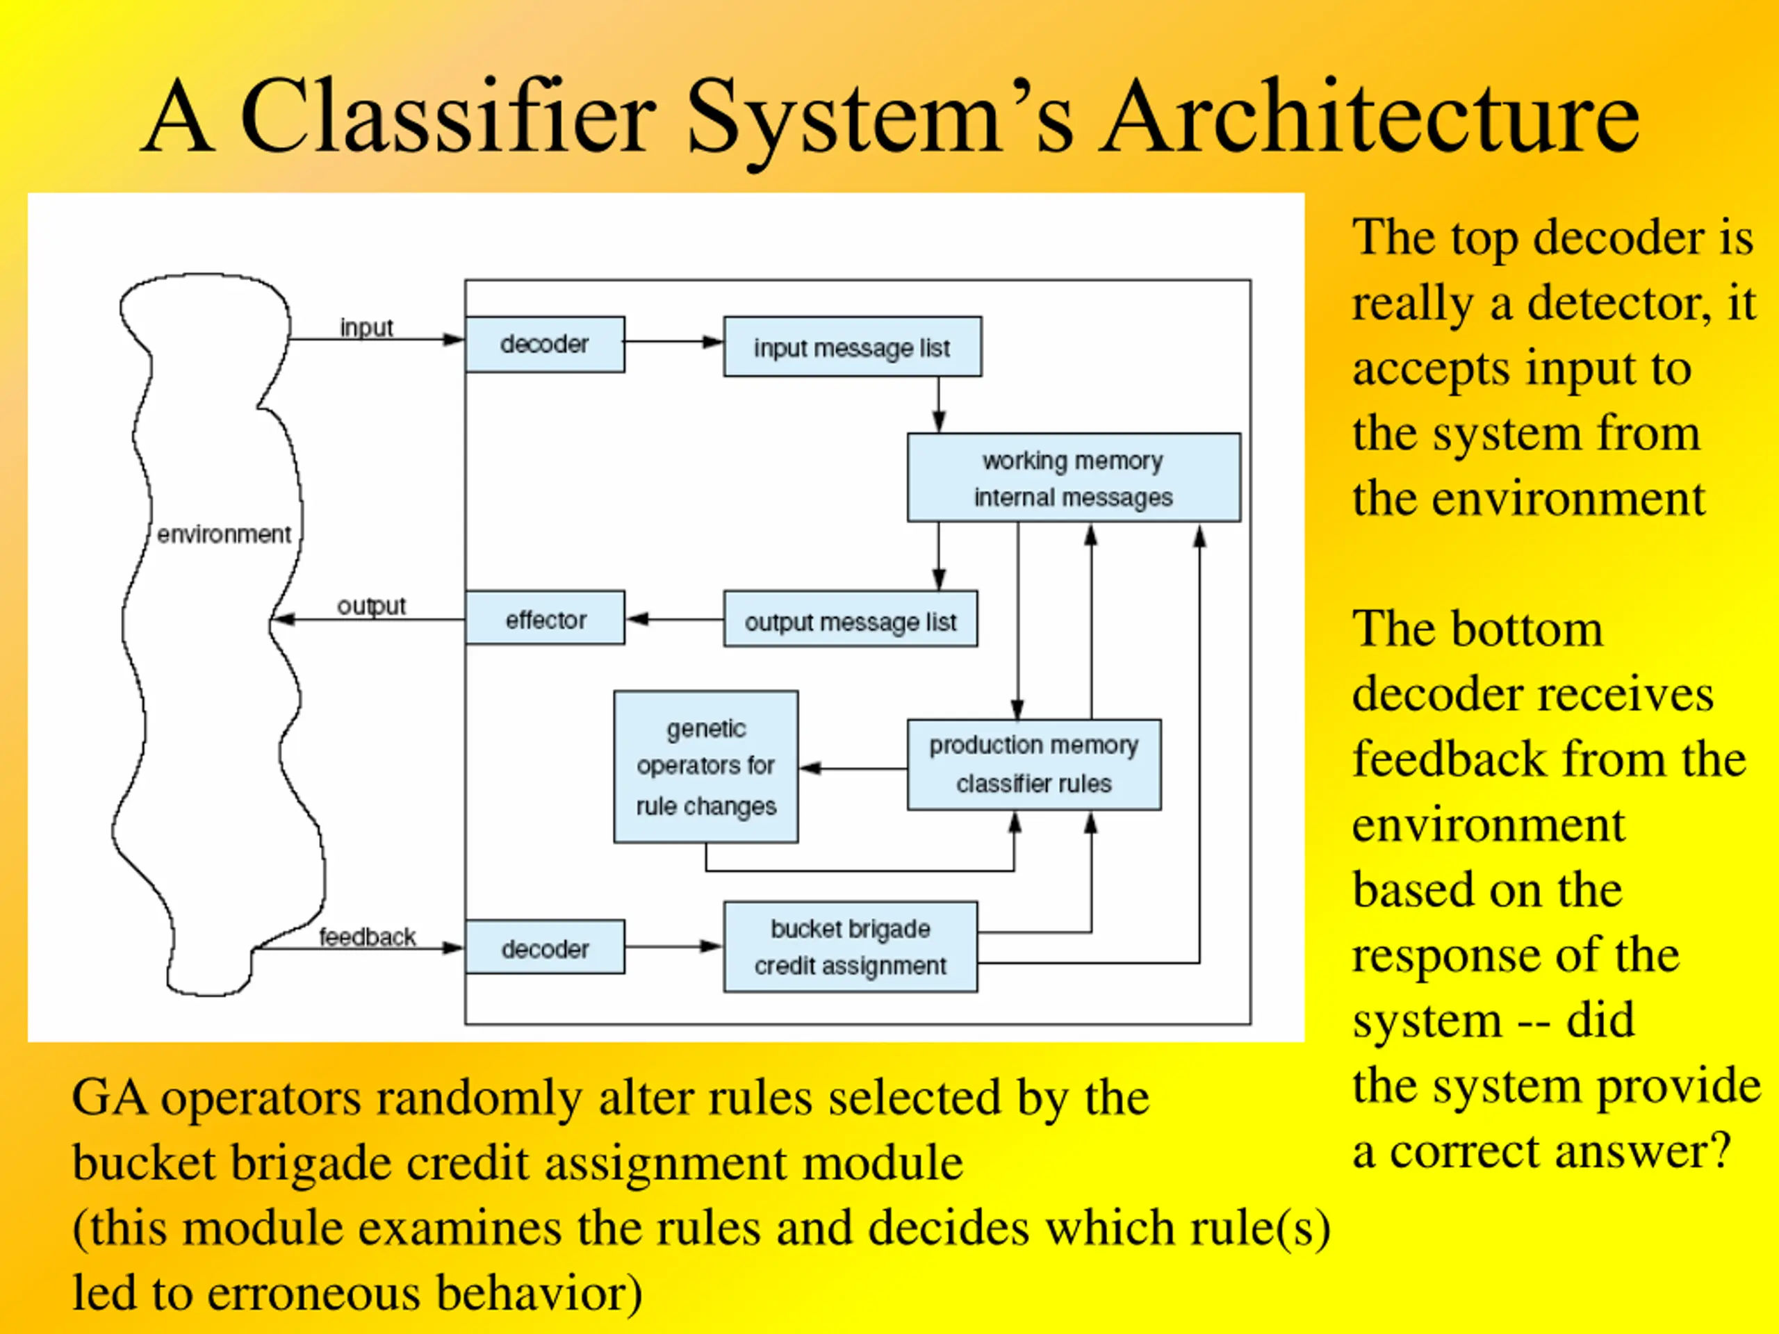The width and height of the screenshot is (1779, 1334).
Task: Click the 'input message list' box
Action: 853,347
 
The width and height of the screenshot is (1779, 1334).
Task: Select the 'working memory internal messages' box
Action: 1074,477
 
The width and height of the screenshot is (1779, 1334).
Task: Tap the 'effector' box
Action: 546,618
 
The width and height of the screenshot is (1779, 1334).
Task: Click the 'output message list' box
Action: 851,619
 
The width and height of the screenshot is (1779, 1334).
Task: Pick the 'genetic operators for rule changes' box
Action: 706,767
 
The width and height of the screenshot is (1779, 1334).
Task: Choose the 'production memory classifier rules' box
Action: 1034,765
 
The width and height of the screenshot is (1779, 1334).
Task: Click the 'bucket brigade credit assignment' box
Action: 851,946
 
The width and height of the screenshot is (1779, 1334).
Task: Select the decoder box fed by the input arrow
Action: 546,344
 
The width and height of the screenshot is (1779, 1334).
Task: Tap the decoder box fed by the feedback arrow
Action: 546,947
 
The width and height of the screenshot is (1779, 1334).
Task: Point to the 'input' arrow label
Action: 367,328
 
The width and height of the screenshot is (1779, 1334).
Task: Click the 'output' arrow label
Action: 372,605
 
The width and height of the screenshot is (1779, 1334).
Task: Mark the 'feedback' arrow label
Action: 368,937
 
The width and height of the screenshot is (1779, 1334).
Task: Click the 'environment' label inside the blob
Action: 224,534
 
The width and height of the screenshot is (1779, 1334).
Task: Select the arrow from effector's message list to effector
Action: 675,619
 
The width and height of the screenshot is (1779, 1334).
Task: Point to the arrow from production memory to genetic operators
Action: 853,768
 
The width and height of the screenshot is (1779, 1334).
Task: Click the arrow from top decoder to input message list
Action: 674,342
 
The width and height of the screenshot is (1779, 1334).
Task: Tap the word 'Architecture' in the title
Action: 1370,117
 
